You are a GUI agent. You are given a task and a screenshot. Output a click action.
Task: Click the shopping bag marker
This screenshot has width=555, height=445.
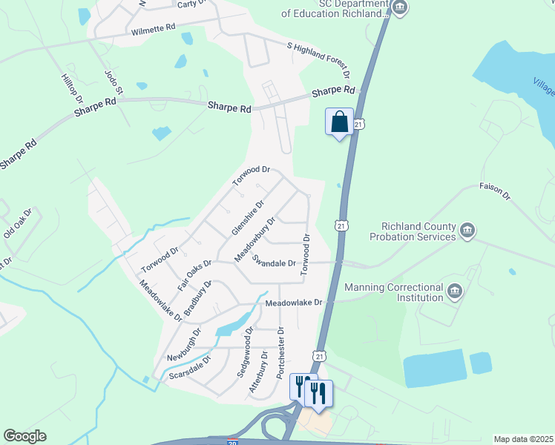339,121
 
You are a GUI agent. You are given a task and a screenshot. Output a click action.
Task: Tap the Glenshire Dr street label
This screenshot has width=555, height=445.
248,217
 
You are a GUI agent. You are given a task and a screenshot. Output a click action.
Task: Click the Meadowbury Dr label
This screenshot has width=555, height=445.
255,239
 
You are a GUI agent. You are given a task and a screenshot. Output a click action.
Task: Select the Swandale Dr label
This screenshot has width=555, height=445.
274,262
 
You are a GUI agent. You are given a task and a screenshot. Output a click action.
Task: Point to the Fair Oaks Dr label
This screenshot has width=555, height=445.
194,274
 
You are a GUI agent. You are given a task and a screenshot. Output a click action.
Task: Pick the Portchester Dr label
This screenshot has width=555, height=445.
280,353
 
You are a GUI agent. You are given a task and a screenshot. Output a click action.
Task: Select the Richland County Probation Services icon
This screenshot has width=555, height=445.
467,231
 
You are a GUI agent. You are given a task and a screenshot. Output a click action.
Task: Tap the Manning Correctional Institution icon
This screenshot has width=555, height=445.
455,291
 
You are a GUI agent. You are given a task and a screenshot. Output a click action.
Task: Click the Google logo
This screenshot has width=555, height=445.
24,436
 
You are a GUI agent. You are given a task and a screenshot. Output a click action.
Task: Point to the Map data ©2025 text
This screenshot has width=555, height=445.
523,439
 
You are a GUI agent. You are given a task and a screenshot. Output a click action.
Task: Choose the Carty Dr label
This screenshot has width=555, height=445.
191,4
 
